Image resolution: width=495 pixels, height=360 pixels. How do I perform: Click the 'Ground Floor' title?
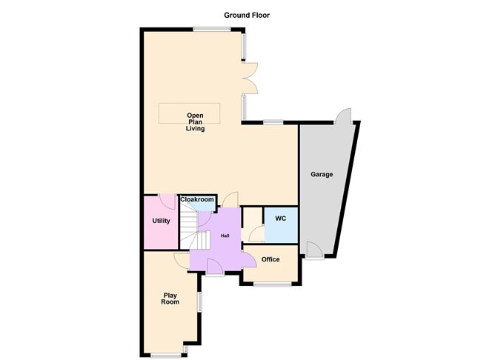[248, 14]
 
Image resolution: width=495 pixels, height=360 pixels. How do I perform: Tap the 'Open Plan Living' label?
[195, 122]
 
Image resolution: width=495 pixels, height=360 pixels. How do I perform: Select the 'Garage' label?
[322, 175]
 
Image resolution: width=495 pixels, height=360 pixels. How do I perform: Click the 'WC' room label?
[280, 219]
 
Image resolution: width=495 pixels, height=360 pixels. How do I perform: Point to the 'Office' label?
[270, 259]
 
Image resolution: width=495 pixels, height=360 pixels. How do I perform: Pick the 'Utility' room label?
[161, 221]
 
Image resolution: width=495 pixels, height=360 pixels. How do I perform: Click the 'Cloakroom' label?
[197, 199]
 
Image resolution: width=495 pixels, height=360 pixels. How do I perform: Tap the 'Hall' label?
[225, 236]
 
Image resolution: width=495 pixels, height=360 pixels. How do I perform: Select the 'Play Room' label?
[171, 299]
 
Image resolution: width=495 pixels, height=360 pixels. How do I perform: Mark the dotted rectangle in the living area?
[190, 113]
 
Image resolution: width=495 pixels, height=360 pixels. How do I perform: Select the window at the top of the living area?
[212, 29]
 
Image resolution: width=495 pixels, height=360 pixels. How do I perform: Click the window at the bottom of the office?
[271, 284]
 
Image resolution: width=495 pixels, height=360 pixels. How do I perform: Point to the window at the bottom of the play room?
[165, 356]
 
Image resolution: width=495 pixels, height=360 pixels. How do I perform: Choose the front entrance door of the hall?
[215, 268]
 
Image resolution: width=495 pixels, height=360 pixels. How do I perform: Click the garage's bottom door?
[315, 256]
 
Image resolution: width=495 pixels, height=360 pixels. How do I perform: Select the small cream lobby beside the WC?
[253, 224]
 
